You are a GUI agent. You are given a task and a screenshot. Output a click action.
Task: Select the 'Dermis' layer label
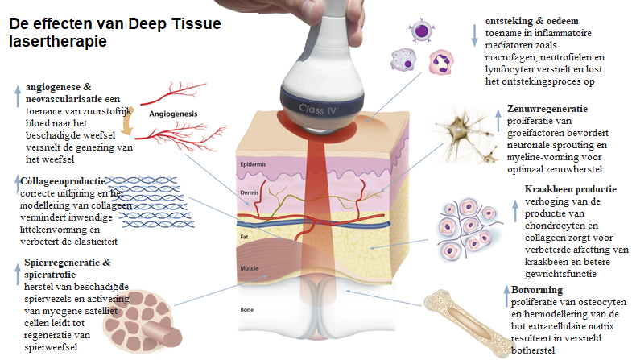click(x=250, y=194)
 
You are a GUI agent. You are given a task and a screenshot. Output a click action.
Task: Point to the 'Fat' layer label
click(x=245, y=238)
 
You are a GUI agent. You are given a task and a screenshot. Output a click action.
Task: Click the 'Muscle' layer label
click(x=250, y=267)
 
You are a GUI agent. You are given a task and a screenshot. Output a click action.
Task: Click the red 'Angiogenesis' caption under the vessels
click(x=176, y=114)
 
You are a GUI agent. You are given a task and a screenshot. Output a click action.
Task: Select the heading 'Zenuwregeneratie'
click(x=547, y=109)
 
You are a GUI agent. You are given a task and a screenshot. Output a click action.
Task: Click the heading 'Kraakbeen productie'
click(x=570, y=189)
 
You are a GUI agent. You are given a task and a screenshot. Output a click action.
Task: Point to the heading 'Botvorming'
click(x=537, y=289)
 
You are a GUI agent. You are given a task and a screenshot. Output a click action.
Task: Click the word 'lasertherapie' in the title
click(x=57, y=40)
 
